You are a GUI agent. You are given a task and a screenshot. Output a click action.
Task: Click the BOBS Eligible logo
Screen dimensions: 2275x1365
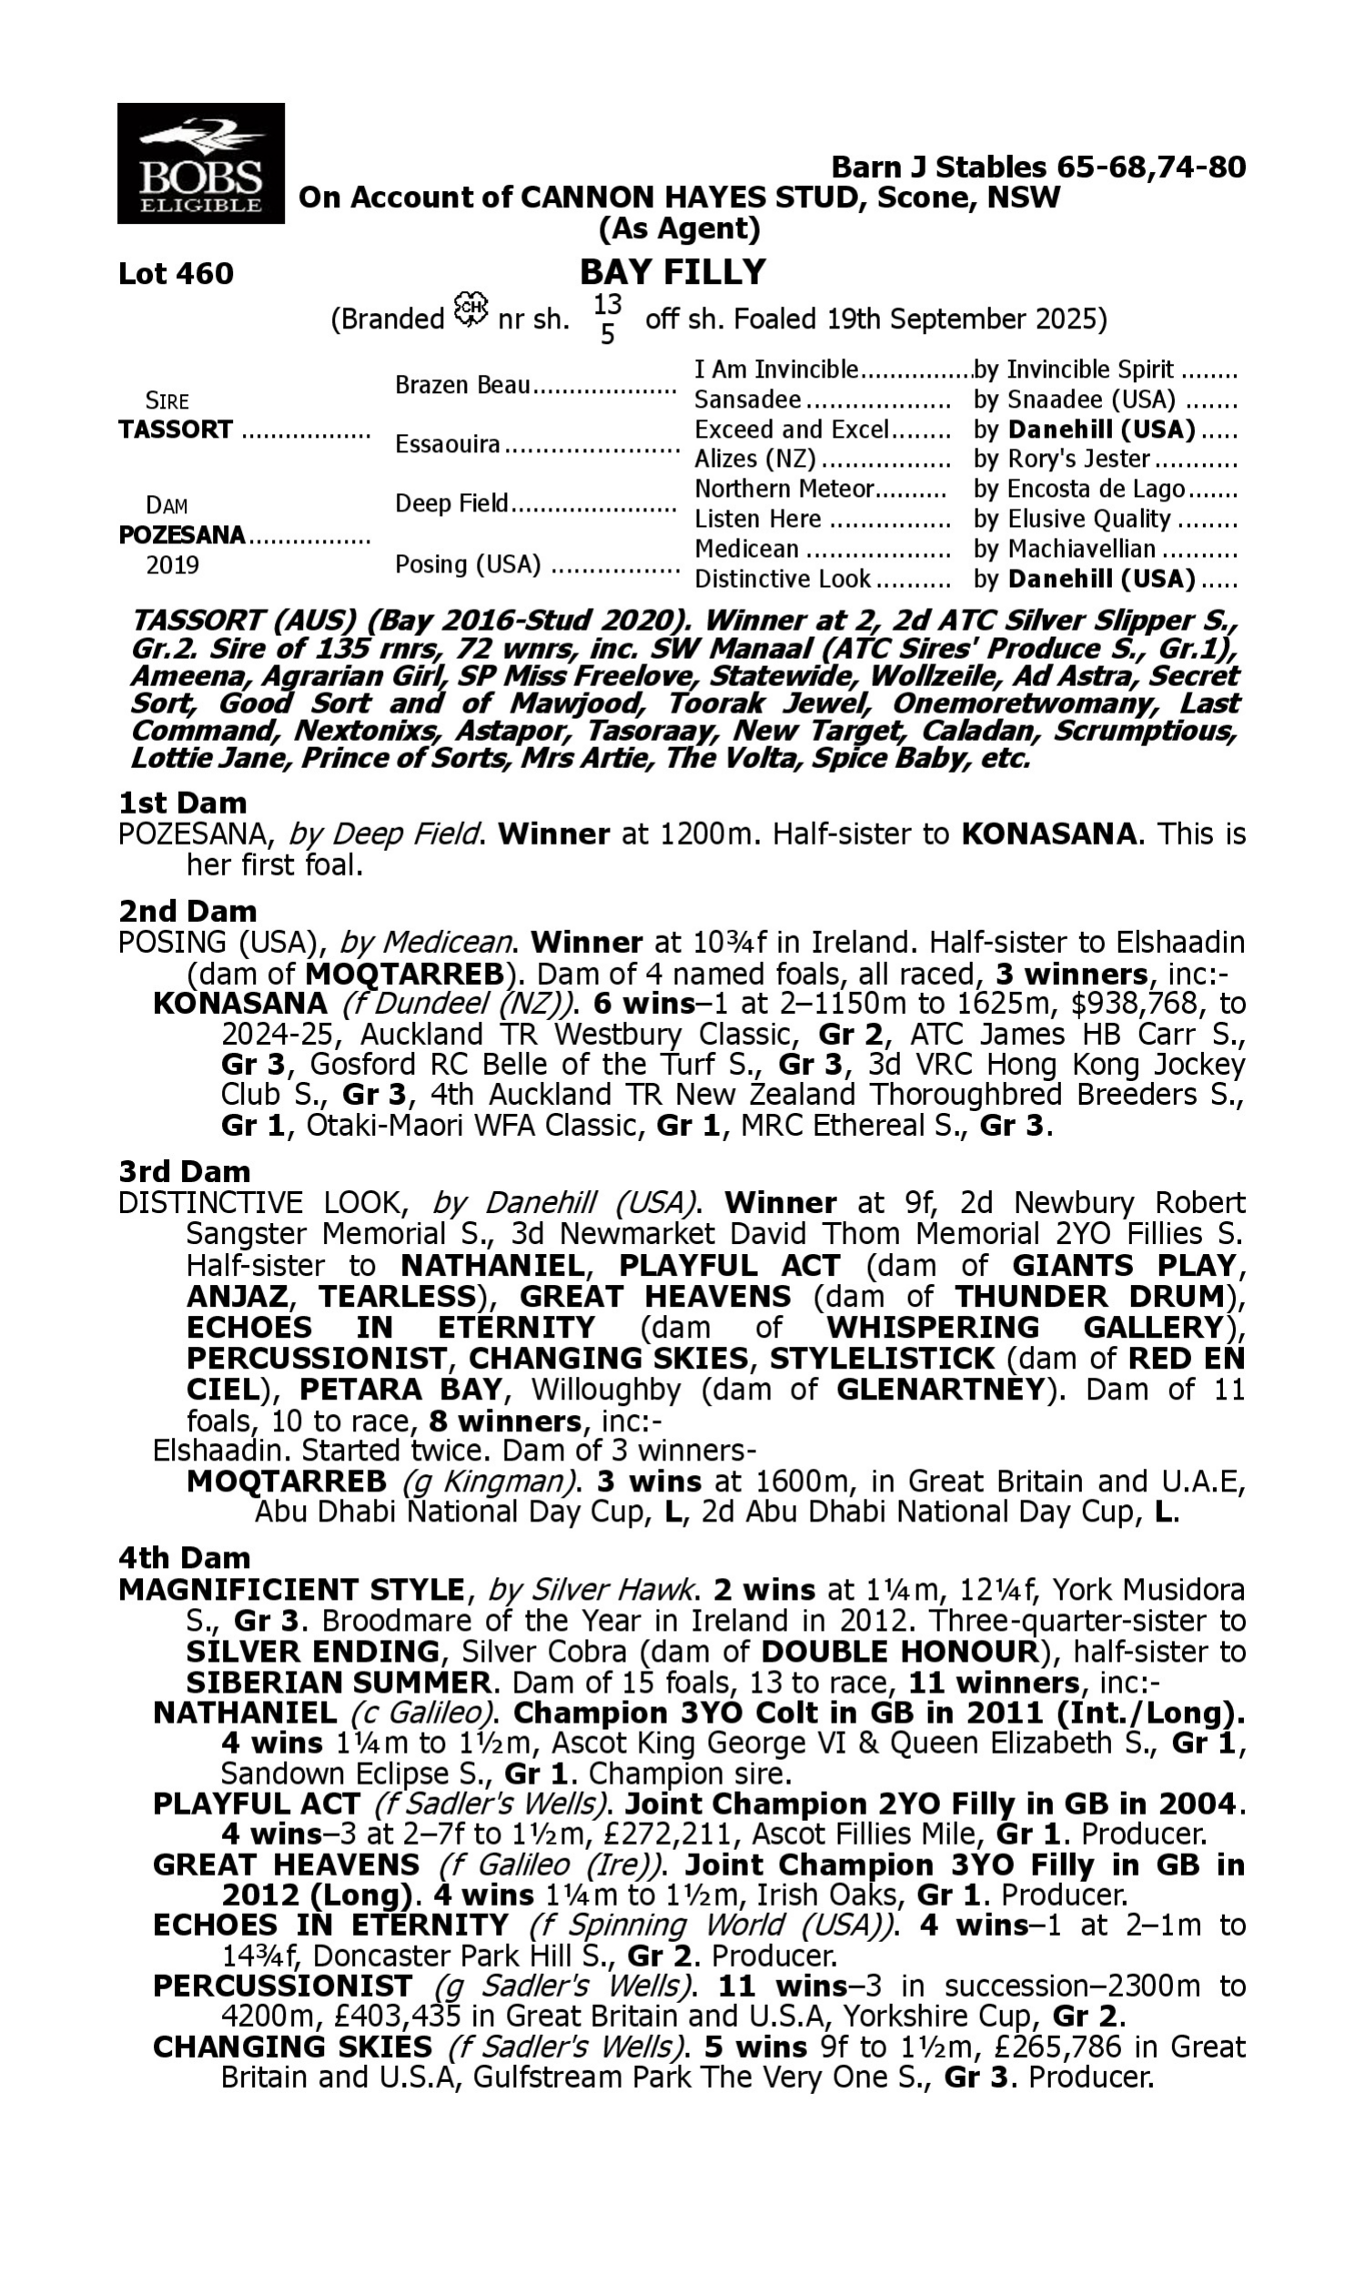[200, 163]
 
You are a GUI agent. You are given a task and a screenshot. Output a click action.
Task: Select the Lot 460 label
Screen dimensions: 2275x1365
[176, 274]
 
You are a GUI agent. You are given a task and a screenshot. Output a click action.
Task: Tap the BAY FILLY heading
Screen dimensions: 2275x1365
[672, 272]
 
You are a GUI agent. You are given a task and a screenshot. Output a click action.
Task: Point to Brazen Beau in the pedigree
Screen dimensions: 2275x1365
[462, 385]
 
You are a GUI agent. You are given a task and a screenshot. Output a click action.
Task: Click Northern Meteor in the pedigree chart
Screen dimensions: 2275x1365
[783, 489]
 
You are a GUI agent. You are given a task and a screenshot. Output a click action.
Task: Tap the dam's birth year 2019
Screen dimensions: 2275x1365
[172, 564]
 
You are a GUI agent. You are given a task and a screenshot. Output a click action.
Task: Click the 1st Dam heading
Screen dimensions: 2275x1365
[182, 803]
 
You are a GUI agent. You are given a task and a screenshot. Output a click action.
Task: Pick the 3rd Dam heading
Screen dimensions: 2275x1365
[184, 1171]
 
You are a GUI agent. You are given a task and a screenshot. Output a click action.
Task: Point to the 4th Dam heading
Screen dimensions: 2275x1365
[184, 1558]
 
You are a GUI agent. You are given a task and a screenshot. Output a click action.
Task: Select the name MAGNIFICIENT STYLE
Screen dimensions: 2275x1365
[291, 1590]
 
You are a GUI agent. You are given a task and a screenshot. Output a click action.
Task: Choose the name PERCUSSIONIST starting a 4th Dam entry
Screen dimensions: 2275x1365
[282, 1987]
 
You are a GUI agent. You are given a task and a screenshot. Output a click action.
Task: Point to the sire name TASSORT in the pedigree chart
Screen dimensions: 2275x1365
[176, 430]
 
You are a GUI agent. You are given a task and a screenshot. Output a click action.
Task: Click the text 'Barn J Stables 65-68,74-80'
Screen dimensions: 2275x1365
[1037, 167]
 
